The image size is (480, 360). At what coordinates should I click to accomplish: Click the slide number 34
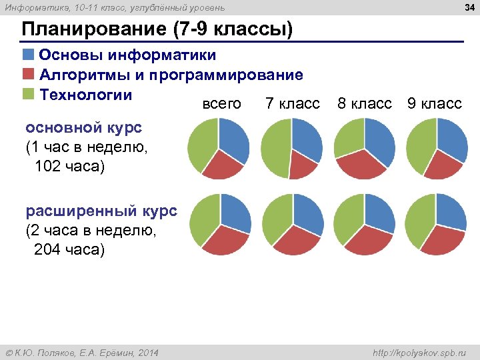468,7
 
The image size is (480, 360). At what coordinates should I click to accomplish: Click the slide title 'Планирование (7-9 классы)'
157,30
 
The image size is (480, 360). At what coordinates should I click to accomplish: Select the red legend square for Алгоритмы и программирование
29,74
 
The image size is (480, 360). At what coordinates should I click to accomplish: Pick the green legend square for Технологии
29,93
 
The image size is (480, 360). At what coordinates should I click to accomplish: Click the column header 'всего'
221,104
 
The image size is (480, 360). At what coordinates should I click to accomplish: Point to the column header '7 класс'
292,104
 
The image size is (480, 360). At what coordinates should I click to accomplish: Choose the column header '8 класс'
365,104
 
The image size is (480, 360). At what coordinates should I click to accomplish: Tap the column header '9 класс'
434,104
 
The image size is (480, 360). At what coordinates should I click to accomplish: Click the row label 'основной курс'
74,127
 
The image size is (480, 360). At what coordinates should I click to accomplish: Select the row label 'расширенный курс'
101,211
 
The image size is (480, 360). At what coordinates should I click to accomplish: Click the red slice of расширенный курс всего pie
223,241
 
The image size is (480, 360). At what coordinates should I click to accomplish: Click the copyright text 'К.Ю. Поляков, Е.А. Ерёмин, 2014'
82,352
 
